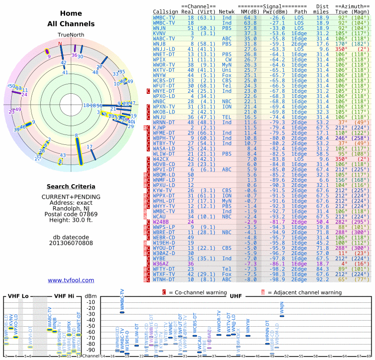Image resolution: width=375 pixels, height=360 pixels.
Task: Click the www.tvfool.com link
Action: coord(71,280)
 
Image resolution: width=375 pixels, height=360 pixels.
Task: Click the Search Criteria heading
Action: coord(71,186)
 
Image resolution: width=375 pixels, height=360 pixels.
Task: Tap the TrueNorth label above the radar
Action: coord(70,35)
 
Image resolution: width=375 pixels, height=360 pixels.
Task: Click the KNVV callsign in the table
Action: coord(159,33)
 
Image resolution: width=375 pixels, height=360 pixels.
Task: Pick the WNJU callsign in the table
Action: coord(160,117)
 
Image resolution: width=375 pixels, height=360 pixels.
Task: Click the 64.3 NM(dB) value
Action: coord(250,17)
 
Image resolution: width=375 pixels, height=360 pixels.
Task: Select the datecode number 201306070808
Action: coord(71,243)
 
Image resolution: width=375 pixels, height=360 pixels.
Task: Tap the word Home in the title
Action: coord(71,14)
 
